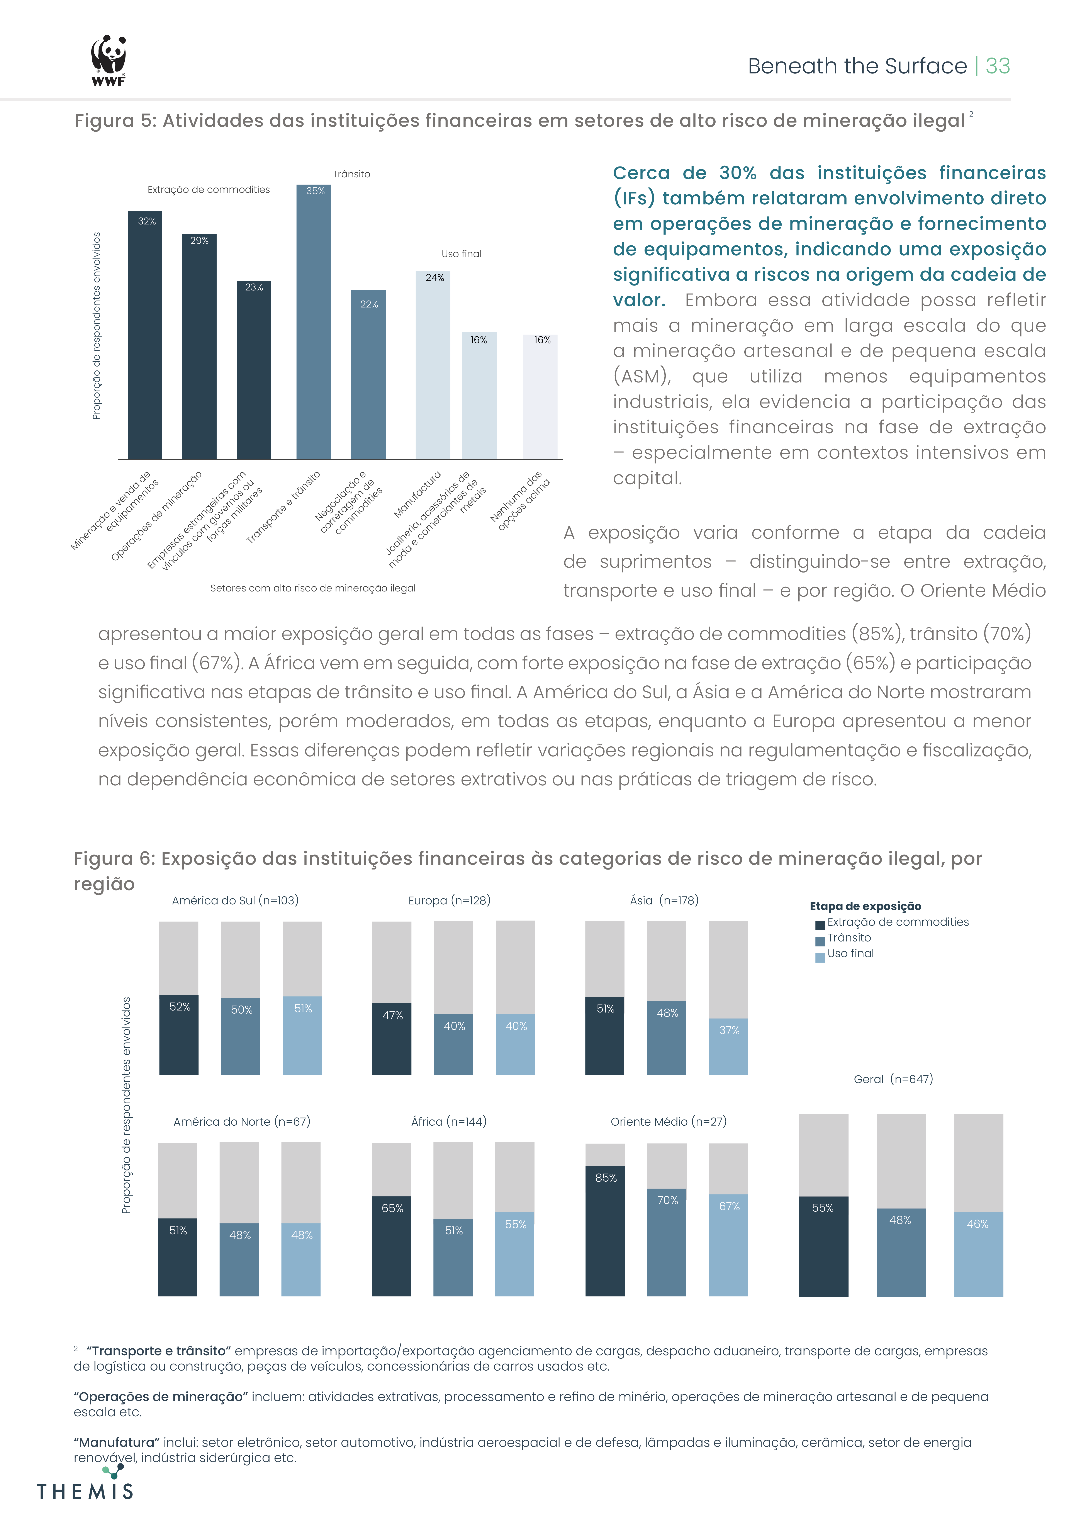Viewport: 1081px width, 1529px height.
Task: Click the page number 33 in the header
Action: pyautogui.click(x=997, y=66)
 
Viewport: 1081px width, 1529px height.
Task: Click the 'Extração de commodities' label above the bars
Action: pyautogui.click(x=209, y=190)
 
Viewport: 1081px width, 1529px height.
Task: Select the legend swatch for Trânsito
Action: pyautogui.click(x=820, y=941)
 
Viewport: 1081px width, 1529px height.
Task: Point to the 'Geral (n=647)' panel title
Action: pyautogui.click(x=893, y=1079)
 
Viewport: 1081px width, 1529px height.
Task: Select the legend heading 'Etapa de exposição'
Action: pyautogui.click(x=865, y=906)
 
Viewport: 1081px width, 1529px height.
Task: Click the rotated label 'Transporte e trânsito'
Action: pyautogui.click(x=283, y=507)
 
